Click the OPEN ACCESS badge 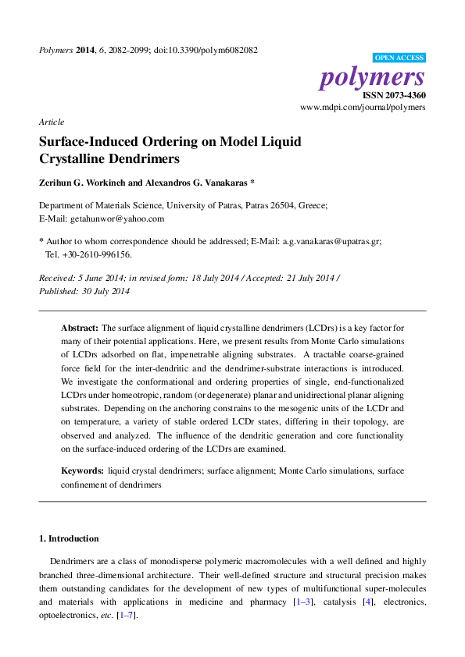tap(399, 58)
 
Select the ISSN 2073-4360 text tap(394, 95)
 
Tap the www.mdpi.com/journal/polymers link tap(363, 107)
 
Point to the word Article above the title tap(52, 122)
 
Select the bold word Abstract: tap(80, 328)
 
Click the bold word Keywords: tap(82, 471)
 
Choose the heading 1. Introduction tap(69, 538)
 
